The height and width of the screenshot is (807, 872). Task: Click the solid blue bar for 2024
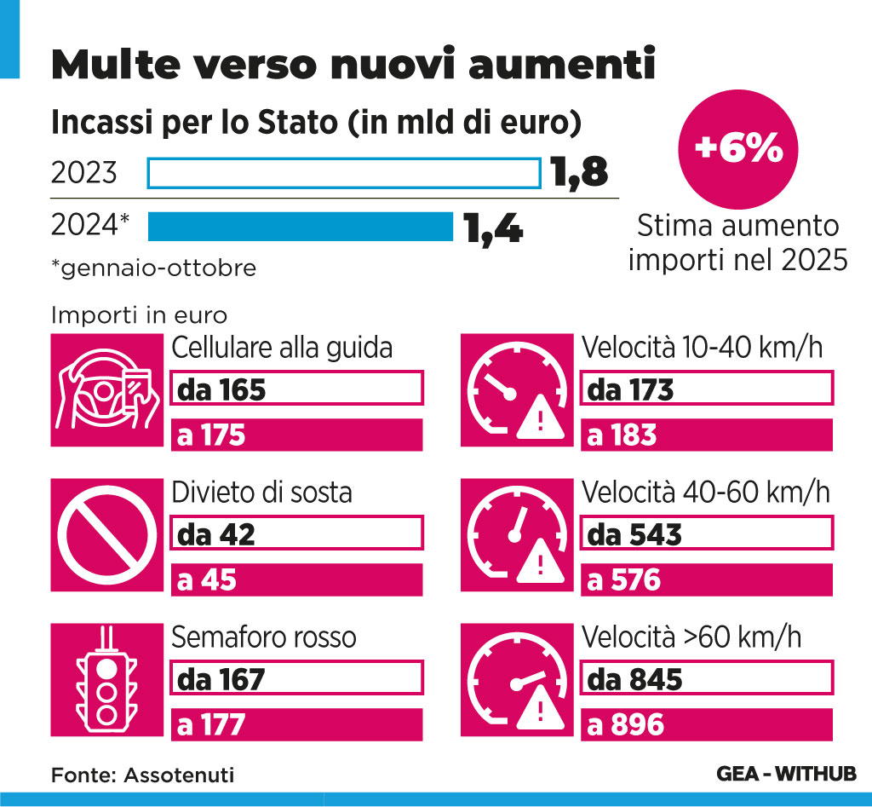pos(300,228)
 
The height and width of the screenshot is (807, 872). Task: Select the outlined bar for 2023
pos(344,173)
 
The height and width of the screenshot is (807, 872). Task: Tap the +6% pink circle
pos(737,149)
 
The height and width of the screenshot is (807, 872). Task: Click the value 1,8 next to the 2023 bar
pos(578,172)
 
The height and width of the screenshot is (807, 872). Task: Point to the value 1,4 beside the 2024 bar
pos(493,228)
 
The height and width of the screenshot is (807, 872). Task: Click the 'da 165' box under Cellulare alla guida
pos(297,389)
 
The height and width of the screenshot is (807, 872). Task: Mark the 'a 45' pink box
pos(297,580)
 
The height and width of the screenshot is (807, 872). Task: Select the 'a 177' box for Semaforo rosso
pos(297,725)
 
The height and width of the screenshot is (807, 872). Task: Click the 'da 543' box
pos(706,533)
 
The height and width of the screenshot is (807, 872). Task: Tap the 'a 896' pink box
pos(706,725)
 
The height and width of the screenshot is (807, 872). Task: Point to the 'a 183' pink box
pos(706,435)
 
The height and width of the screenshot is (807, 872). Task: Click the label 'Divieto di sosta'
pos(262,493)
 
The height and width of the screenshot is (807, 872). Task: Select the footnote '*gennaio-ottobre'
pos(153,268)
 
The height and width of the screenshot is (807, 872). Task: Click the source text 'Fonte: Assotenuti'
pos(142,775)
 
